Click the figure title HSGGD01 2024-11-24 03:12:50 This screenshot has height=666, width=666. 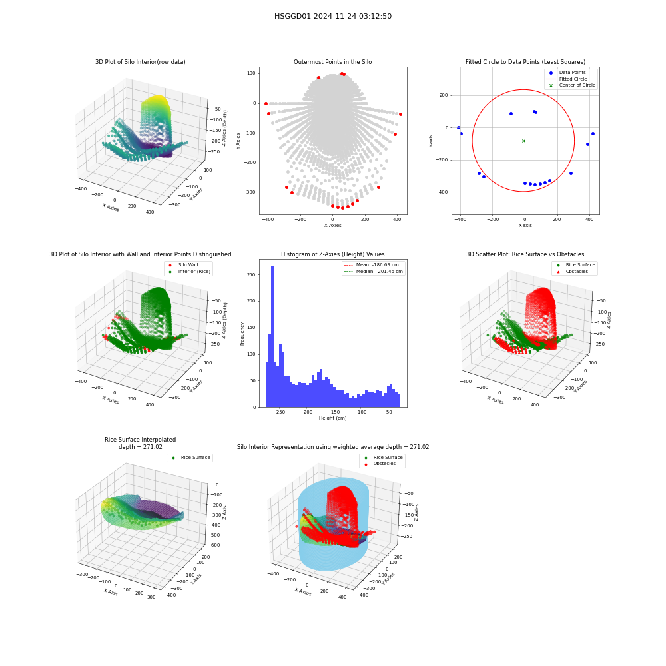click(x=332, y=16)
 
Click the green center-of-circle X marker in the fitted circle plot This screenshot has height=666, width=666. click(x=523, y=141)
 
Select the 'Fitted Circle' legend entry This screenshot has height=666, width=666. click(x=567, y=79)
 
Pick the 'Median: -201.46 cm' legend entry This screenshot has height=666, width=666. click(x=374, y=272)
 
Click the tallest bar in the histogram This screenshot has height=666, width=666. click(x=272, y=336)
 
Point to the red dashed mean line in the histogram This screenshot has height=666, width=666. click(x=314, y=334)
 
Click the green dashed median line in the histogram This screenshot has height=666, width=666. click(x=306, y=334)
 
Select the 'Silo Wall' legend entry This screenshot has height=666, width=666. click(x=184, y=264)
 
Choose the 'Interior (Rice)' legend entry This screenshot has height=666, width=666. click(x=189, y=272)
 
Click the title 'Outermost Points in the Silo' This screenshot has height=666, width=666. click(x=332, y=61)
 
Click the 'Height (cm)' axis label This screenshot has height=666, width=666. click(x=332, y=418)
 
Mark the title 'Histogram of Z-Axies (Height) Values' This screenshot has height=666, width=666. click(x=332, y=254)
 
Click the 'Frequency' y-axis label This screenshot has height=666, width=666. click(x=242, y=334)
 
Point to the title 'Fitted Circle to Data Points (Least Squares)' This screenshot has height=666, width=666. click(x=525, y=61)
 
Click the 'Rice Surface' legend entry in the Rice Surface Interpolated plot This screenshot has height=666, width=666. click(x=190, y=458)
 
